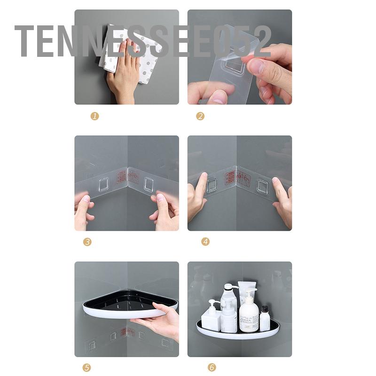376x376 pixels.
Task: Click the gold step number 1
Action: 95,116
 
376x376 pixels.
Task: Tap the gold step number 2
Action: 200,116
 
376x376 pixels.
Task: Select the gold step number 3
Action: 87,242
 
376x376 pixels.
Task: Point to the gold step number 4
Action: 205,242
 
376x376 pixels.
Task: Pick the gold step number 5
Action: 87,368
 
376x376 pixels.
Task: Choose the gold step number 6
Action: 212,368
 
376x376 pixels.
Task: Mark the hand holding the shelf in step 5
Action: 162,320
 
